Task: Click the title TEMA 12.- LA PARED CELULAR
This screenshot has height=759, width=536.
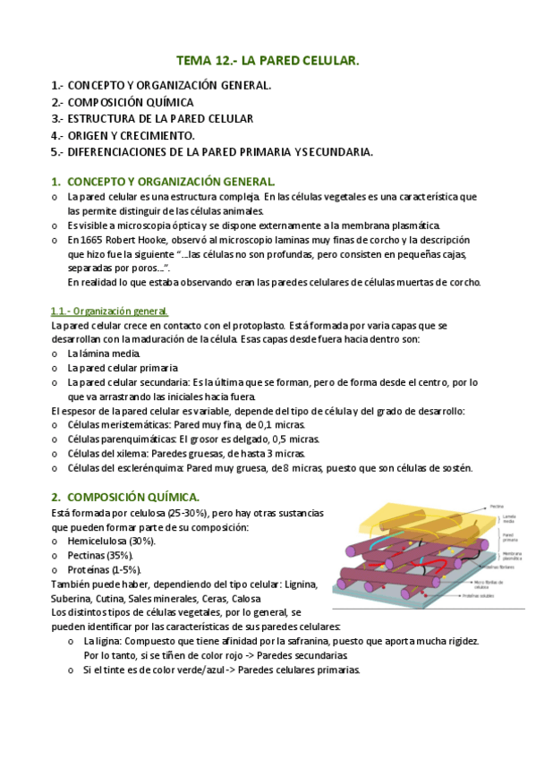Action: [268, 61]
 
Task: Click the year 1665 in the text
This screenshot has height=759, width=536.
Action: [91, 241]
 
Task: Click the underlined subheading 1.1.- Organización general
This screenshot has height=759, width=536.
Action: [110, 311]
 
